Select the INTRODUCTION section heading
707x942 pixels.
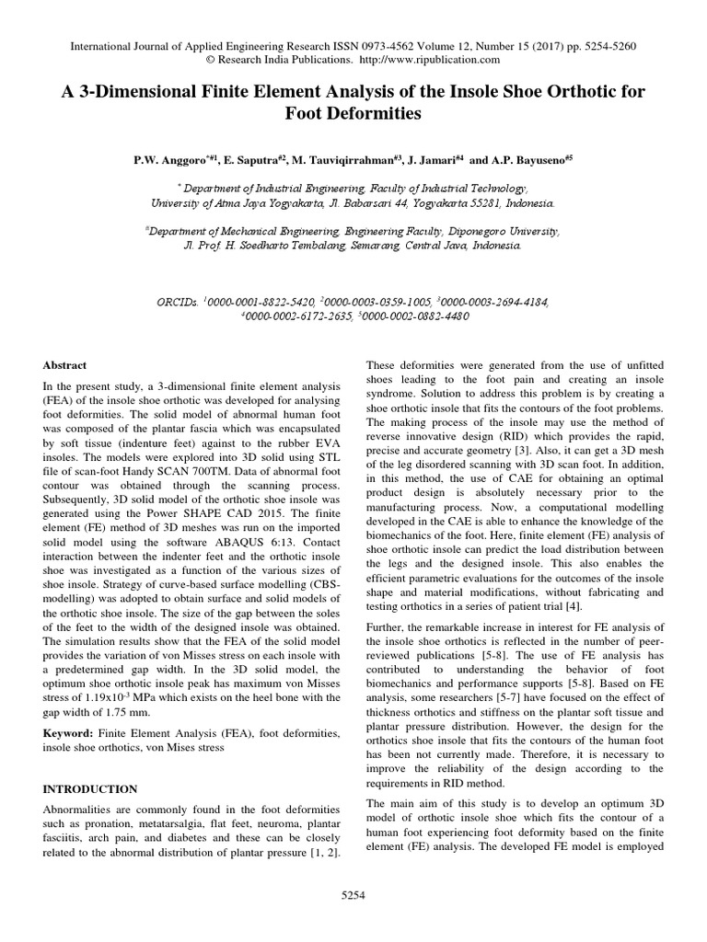tap(90, 789)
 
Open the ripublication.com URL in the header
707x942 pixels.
tap(437, 60)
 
